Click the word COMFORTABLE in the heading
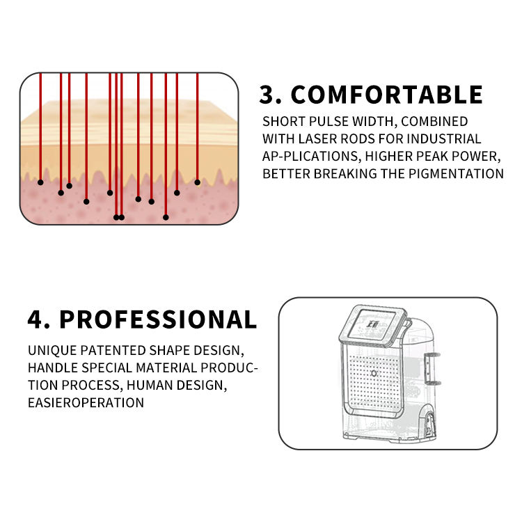(386, 95)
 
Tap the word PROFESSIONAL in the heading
(158, 319)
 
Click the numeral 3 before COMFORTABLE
(267, 95)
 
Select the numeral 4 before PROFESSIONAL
(36, 319)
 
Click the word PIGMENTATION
(456, 174)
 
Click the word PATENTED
(113, 350)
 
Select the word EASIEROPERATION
(86, 402)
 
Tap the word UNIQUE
(52, 350)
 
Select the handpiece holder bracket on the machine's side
(432, 368)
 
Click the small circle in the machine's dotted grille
(374, 374)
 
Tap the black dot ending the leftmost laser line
(40, 182)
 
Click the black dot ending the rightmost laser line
(198, 182)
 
